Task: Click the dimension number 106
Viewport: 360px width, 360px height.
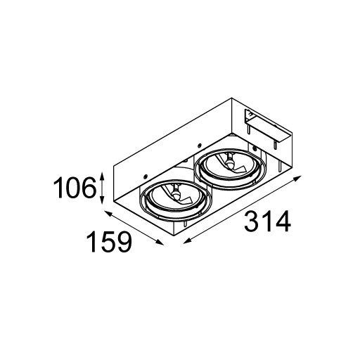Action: coord(75,188)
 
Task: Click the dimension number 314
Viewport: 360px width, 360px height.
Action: coord(267,223)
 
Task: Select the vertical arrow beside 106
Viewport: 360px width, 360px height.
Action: coord(103,186)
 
